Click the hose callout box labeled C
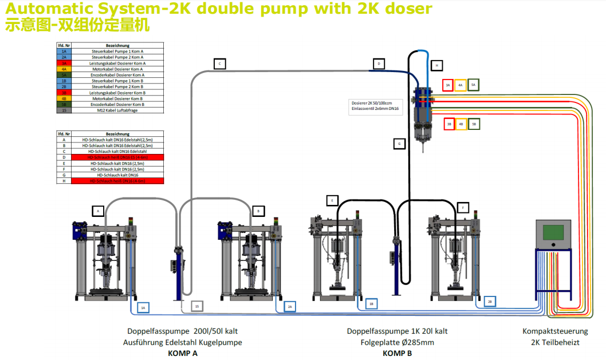click(x=219, y=64)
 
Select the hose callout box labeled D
click(x=378, y=64)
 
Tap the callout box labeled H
click(x=436, y=65)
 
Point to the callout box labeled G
click(x=399, y=144)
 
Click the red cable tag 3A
click(x=448, y=85)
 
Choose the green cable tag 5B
click(x=474, y=124)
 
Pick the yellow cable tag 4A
click(x=461, y=85)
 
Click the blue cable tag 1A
click(x=144, y=308)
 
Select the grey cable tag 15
click(x=197, y=308)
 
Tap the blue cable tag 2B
click(x=490, y=301)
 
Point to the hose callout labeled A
click(x=98, y=211)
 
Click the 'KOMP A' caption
click(x=183, y=353)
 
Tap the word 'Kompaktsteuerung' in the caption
click(x=555, y=331)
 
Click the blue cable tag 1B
click(x=372, y=304)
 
